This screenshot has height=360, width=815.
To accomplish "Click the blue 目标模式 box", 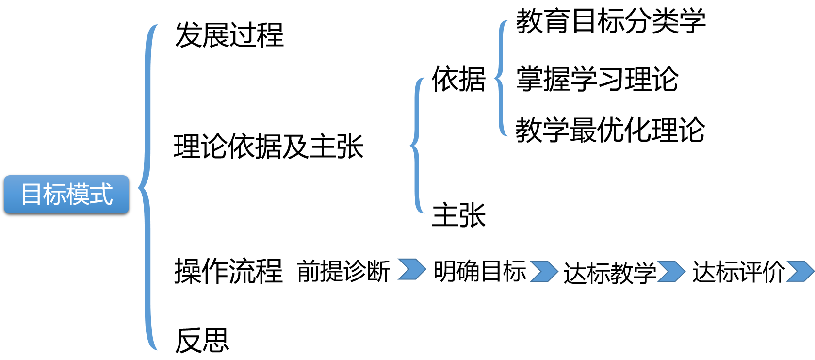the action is (66, 195).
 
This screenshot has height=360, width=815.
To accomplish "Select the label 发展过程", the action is (229, 35).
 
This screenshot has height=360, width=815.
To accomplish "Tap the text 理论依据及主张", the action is (268, 147).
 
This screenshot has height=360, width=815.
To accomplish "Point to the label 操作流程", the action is (228, 271).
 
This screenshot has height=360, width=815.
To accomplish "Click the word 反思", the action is (202, 340).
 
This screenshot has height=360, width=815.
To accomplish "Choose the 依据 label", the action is (458, 79).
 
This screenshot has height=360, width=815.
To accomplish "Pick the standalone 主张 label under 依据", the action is (458, 215).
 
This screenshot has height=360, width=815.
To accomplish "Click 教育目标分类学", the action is (610, 21).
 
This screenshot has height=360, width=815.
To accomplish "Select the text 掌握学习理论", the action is (597, 79).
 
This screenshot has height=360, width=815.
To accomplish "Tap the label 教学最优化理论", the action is (610, 130).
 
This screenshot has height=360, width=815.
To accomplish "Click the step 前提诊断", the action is (343, 271).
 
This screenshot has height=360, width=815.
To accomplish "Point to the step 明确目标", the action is (480, 271).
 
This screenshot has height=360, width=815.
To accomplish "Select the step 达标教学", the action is (610, 272).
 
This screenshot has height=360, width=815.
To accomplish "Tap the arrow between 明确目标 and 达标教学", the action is (544, 271).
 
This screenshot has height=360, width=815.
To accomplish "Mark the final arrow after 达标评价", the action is (800, 271).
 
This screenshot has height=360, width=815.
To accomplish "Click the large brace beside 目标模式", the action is (147, 187).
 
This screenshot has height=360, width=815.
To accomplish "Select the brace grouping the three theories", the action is (501, 78).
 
